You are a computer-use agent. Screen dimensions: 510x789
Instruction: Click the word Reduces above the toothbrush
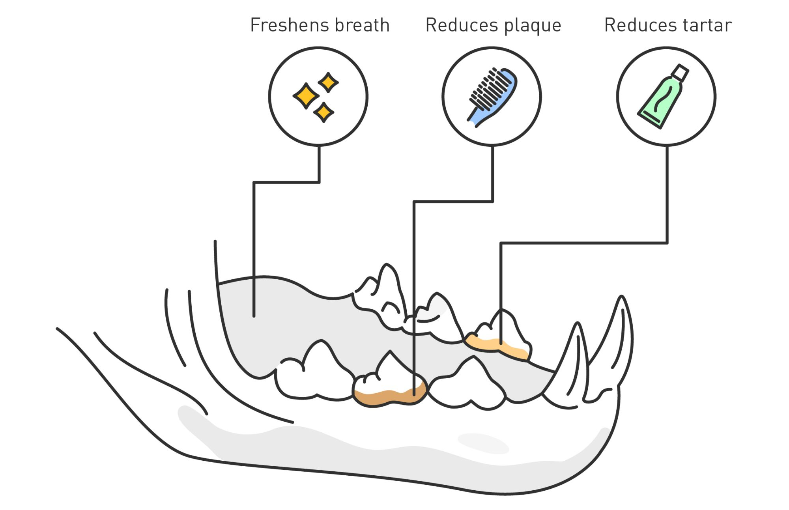tap(462, 25)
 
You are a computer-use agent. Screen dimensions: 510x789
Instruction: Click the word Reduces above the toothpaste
tap(640, 25)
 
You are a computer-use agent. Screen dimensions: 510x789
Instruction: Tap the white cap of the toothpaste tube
tap(680, 73)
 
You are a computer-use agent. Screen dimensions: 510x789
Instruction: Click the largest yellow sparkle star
tap(306, 95)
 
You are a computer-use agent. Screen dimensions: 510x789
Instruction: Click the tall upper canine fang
tap(615, 335)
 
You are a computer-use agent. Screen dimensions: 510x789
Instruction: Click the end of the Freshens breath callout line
tap(254, 316)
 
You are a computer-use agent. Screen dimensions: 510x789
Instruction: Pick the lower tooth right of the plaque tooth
tap(469, 385)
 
